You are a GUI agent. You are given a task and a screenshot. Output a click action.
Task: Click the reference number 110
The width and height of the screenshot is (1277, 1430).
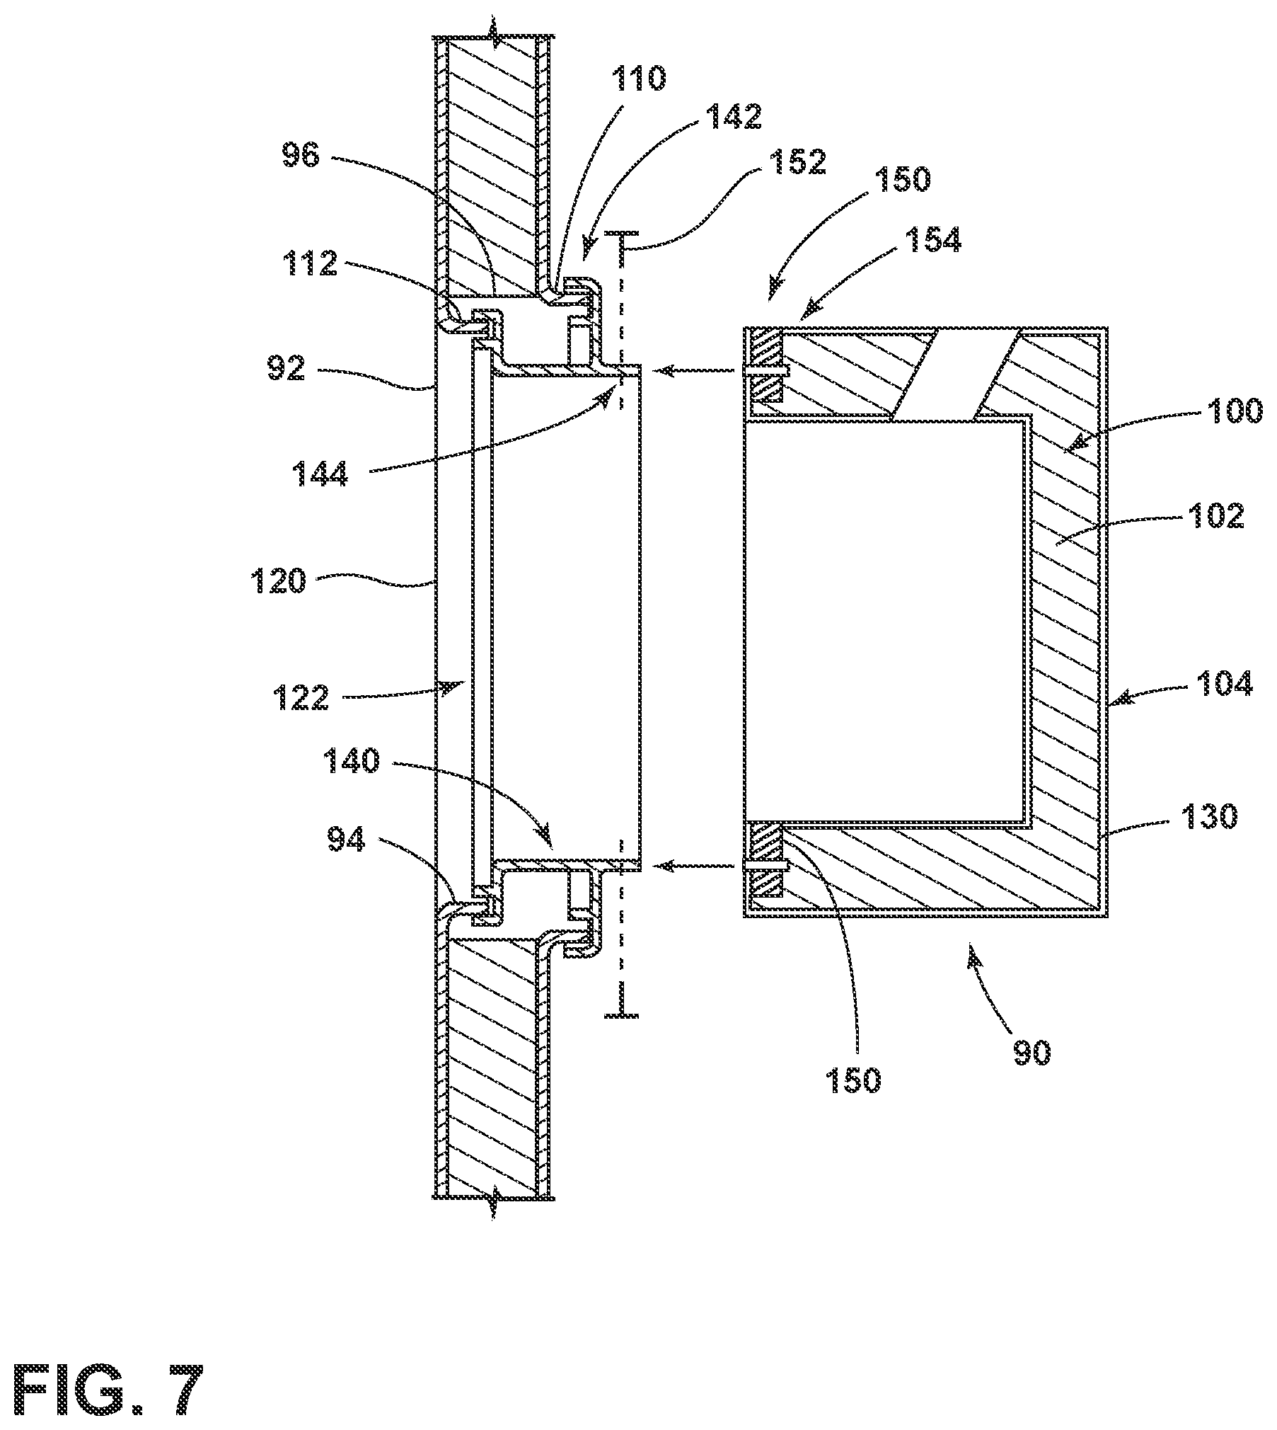tap(639, 79)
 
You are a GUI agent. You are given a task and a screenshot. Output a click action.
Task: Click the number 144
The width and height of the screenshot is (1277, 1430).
tap(321, 474)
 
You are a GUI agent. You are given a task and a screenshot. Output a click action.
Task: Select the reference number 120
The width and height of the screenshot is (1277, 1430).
tap(277, 582)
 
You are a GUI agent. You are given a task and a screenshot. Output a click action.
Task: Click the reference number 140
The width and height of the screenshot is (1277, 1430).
tap(352, 762)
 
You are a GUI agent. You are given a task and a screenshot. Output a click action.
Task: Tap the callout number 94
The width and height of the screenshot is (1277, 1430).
tap(347, 840)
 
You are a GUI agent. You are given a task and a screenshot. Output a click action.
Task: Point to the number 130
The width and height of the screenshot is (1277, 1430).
tap(1210, 817)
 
